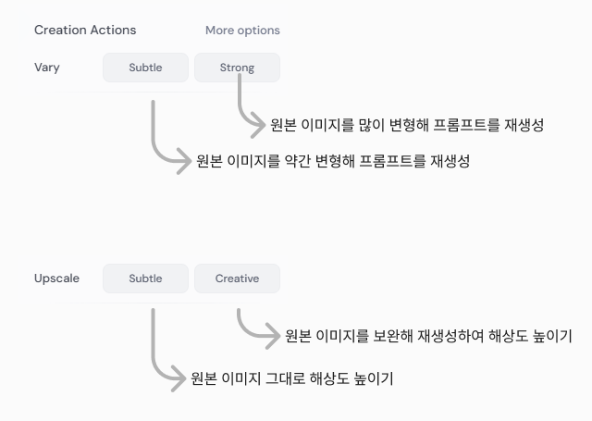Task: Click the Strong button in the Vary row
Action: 237,68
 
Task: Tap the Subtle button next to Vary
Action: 145,68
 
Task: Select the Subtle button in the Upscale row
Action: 145,279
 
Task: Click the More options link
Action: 242,31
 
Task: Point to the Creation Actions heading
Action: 85,31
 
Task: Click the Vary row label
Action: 47,68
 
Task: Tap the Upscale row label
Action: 56,279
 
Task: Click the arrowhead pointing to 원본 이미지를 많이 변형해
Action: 259,125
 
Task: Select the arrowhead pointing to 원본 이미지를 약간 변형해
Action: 185,161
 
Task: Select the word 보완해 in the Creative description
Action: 393,336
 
